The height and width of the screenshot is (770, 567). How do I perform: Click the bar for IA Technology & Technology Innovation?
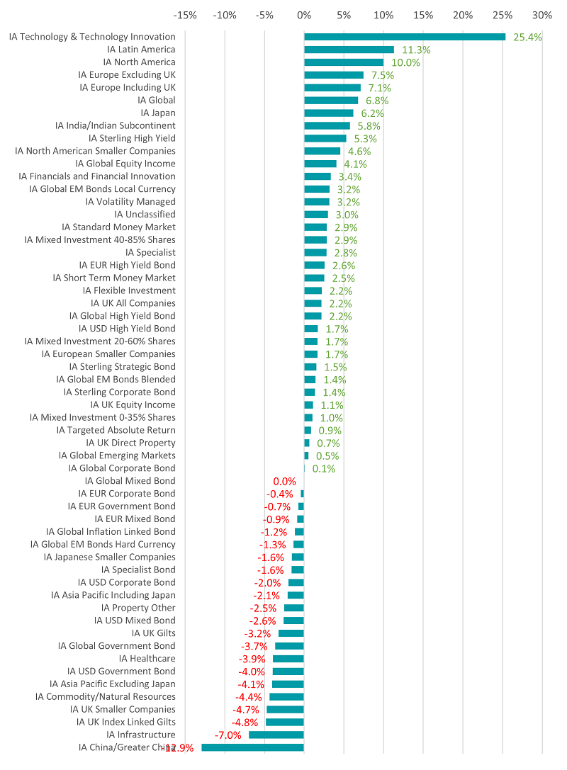tap(405, 37)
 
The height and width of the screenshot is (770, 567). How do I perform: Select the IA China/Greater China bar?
tap(252, 747)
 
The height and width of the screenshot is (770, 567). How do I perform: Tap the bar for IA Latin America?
tap(349, 50)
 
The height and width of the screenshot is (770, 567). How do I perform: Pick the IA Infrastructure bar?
tap(276, 735)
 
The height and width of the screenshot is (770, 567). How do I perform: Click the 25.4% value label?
tap(527, 37)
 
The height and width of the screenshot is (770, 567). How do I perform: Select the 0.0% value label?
tap(284, 481)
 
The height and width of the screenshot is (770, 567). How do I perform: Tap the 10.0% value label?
tap(405, 62)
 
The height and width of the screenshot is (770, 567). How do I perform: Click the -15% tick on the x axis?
tap(185, 15)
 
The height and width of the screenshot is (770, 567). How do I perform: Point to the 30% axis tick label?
tap(542, 15)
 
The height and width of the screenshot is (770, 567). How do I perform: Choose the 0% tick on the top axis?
tap(304, 15)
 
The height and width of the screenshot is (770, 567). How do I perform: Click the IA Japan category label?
tap(158, 113)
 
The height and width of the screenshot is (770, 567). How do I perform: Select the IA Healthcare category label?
tap(147, 658)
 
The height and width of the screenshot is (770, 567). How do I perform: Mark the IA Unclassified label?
tap(145, 214)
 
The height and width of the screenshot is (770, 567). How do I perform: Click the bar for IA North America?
tap(344, 62)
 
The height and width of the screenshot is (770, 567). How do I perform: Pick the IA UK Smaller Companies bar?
tap(285, 709)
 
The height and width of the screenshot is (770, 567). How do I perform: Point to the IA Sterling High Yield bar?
tap(325, 138)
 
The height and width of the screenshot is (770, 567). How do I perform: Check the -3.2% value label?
tap(258, 633)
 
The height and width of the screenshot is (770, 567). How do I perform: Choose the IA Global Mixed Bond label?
tap(130, 481)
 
